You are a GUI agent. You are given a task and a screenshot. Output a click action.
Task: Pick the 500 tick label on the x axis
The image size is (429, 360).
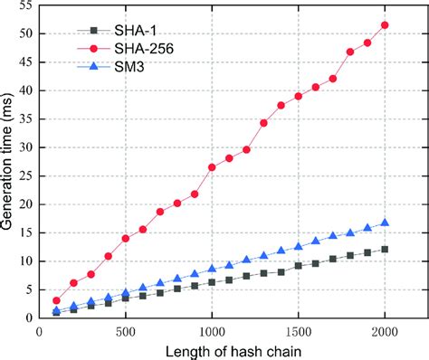pos(126,331)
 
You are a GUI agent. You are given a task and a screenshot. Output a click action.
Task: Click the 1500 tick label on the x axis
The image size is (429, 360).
pos(299,331)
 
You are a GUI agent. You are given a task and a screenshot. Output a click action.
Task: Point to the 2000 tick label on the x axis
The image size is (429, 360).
pos(386,331)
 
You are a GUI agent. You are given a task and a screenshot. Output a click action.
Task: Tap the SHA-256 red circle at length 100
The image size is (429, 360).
pos(56,300)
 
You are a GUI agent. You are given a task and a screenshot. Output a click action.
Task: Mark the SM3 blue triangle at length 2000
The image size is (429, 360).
pos(386,223)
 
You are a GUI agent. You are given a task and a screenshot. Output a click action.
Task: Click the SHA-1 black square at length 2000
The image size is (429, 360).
pos(386,249)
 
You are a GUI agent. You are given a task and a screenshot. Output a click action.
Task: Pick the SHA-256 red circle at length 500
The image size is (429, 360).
pos(126,238)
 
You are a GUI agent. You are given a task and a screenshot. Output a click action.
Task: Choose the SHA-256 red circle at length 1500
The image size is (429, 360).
pos(299,96)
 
